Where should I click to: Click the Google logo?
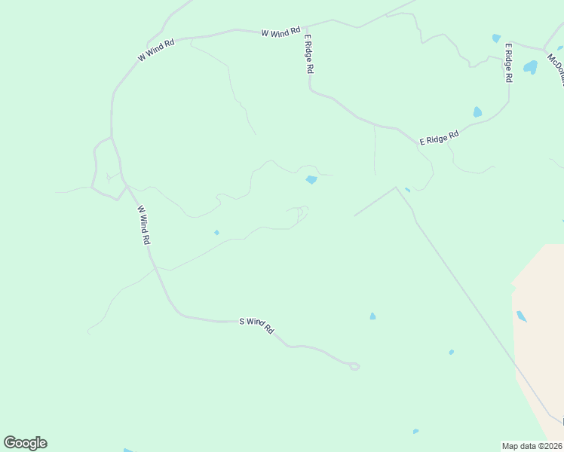(26, 443)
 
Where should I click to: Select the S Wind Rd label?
(256, 325)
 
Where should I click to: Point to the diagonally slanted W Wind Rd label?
(156, 50)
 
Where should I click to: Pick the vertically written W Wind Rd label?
(144, 225)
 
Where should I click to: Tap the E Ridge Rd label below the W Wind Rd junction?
(308, 52)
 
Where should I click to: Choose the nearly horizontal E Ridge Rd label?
(440, 138)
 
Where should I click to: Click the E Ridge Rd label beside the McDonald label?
(509, 63)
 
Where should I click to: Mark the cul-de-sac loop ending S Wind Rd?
(354, 366)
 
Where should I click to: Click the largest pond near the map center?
(311, 179)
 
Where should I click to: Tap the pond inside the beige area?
(521, 316)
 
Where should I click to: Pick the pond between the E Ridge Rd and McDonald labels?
(530, 67)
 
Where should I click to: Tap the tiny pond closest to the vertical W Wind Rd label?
(216, 232)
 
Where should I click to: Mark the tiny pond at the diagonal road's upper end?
(407, 190)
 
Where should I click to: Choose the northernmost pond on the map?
(496, 38)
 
